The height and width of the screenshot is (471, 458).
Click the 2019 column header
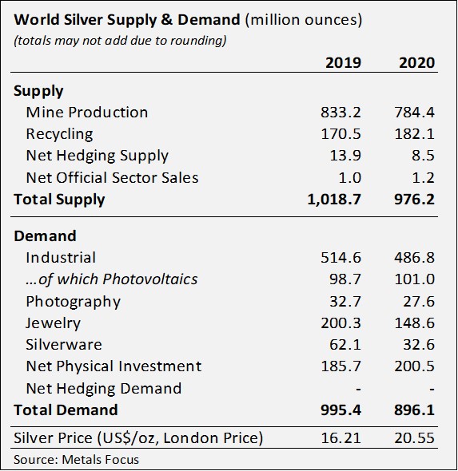pyautogui.click(x=344, y=63)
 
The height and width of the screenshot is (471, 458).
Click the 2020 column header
pyautogui.click(x=416, y=63)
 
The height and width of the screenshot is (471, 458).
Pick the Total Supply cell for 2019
pyautogui.click(x=334, y=200)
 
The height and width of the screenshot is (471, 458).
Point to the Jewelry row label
pyautogui.click(x=53, y=323)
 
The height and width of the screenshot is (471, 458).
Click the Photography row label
pyautogui.click(x=73, y=302)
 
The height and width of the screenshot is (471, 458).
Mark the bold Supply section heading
pyautogui.click(x=38, y=91)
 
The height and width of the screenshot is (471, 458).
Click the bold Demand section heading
pyautogui.click(x=45, y=236)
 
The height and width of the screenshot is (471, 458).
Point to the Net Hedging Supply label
pyautogui.click(x=97, y=156)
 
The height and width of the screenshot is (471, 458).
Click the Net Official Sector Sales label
pyautogui.click(x=112, y=177)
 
